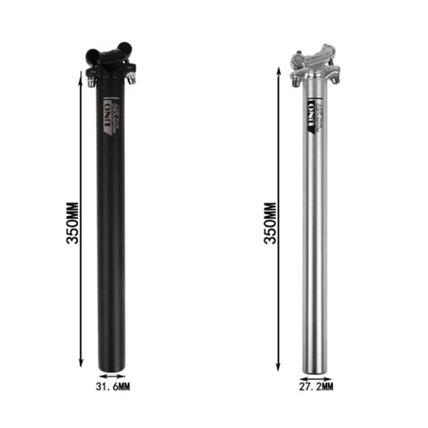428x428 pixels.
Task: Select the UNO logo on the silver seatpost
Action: point(309,111)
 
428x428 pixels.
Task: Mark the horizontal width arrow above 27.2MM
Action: point(316,374)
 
